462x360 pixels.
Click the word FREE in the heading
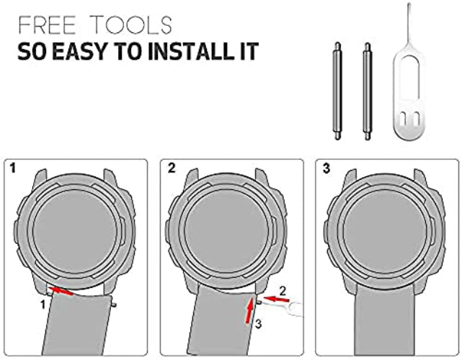click(47, 25)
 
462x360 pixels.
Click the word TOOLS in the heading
click(131, 25)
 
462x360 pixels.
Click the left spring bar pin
click(337, 91)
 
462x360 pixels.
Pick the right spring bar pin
click(367, 91)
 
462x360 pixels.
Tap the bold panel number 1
click(12, 168)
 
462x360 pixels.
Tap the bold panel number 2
click(172, 168)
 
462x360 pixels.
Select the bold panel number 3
click(326, 168)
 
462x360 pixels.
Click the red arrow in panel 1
click(61, 291)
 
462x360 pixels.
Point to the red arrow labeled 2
click(276, 299)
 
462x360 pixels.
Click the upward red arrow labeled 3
click(250, 310)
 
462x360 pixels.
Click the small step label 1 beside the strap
click(43, 305)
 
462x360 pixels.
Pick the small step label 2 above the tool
click(283, 291)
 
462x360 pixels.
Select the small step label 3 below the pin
click(258, 324)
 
